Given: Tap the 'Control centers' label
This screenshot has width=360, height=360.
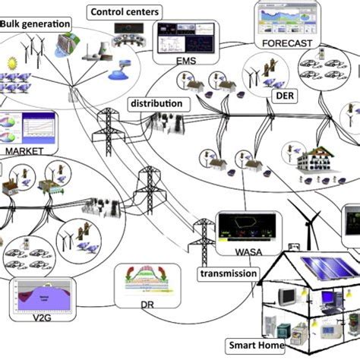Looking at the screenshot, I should click(x=125, y=12).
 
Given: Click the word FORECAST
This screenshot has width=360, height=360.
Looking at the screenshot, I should click(x=286, y=43).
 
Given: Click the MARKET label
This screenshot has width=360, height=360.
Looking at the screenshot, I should click(x=26, y=150).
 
